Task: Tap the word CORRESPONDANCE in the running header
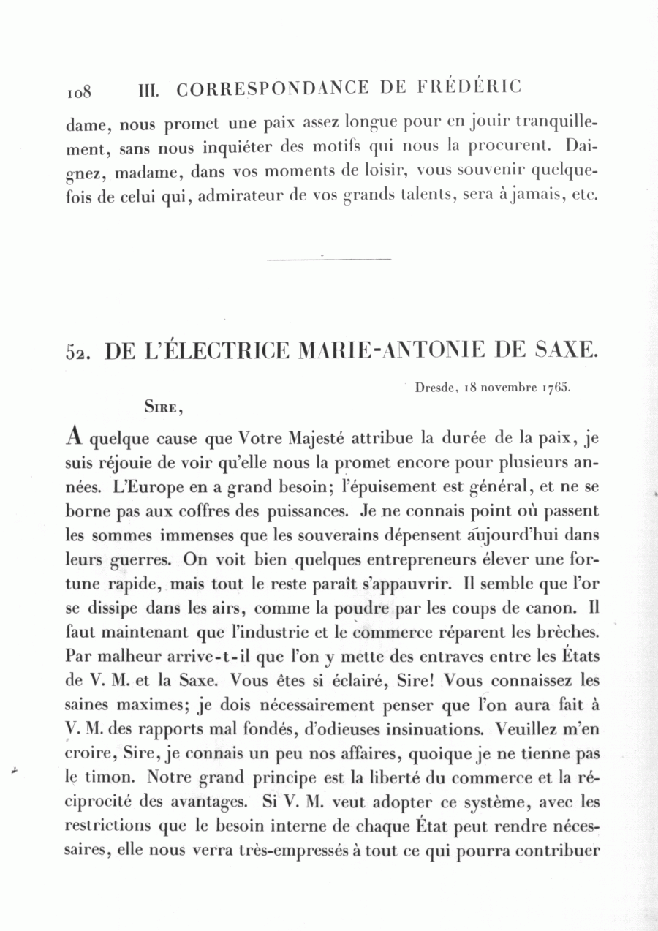(x=273, y=88)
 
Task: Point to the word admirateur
(x=239, y=197)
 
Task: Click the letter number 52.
(x=80, y=351)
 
